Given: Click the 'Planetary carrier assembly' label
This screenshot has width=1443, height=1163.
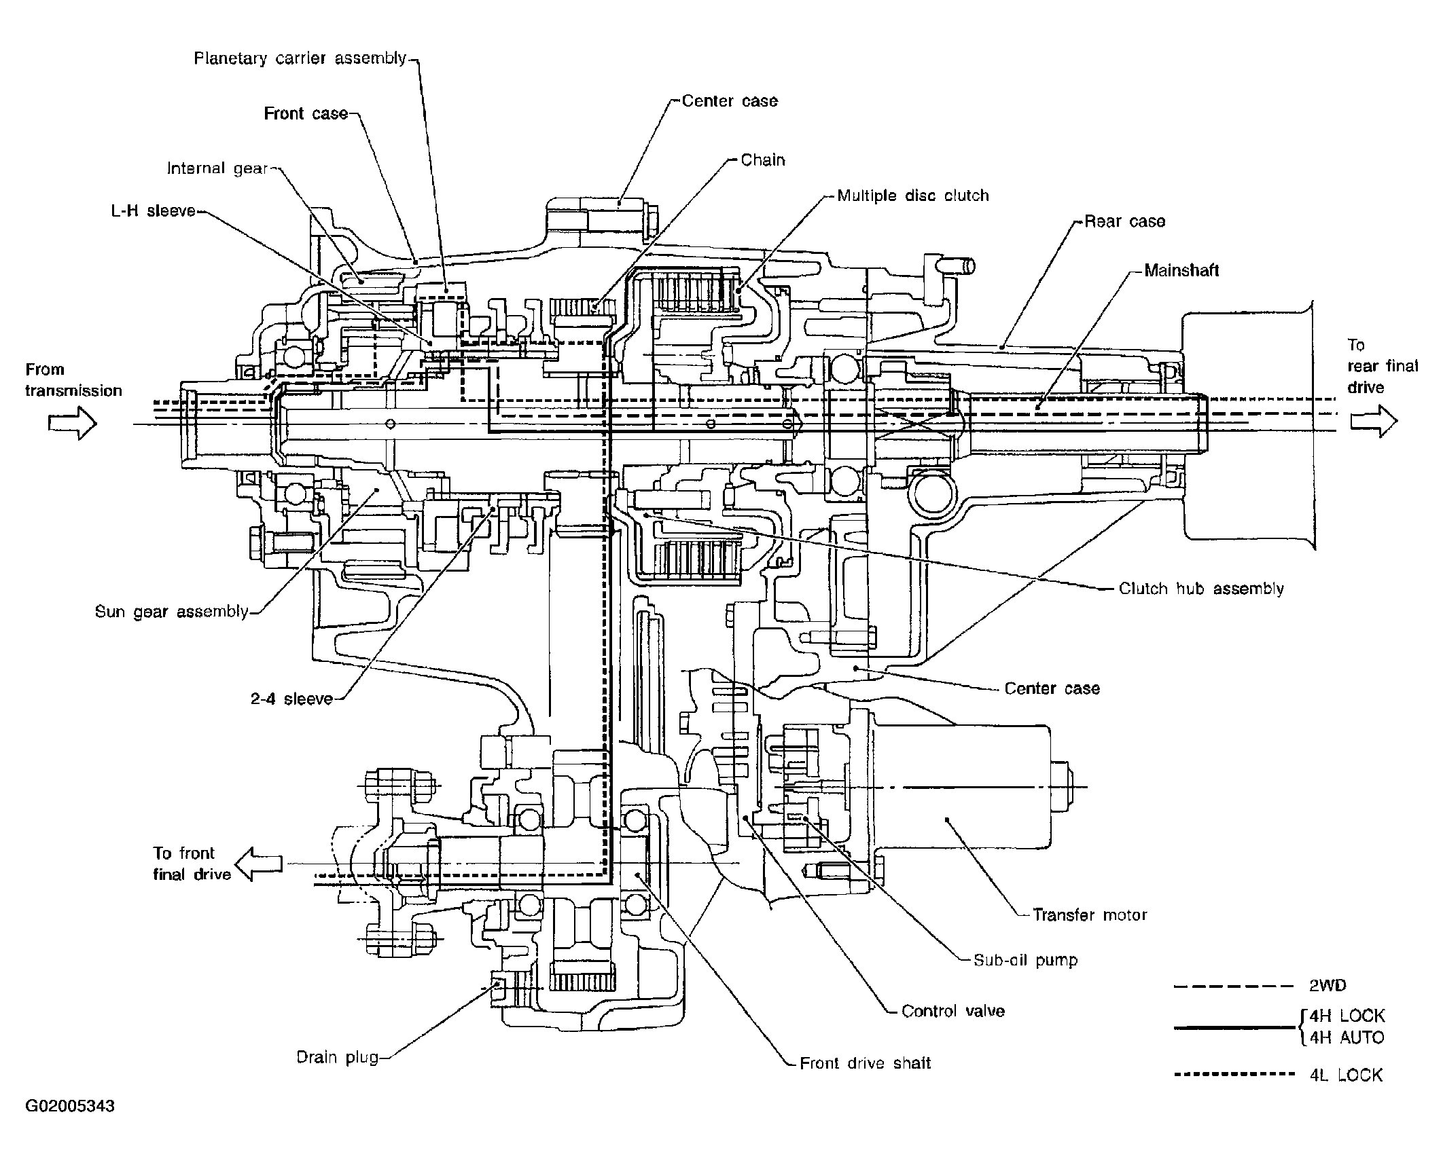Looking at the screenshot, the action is pos(300,58).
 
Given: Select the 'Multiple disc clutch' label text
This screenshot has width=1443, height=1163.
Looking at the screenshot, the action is pos(913,196).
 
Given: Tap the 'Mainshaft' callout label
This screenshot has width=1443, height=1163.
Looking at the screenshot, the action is pos(1181,270).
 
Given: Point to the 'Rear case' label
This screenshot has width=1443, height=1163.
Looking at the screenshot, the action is pos(1125,221).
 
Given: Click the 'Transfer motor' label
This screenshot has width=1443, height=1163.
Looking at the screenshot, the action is pos(1090,915).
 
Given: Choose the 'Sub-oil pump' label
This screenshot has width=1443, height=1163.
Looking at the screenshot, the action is pos(1025,960).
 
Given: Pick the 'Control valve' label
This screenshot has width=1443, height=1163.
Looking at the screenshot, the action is pos(952,1011).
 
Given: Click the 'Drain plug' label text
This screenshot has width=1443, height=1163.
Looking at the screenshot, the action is pos(338,1058).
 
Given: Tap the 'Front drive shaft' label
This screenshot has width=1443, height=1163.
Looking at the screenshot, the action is pos(865,1063).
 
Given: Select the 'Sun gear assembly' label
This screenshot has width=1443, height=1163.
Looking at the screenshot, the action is pos(172,612).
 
